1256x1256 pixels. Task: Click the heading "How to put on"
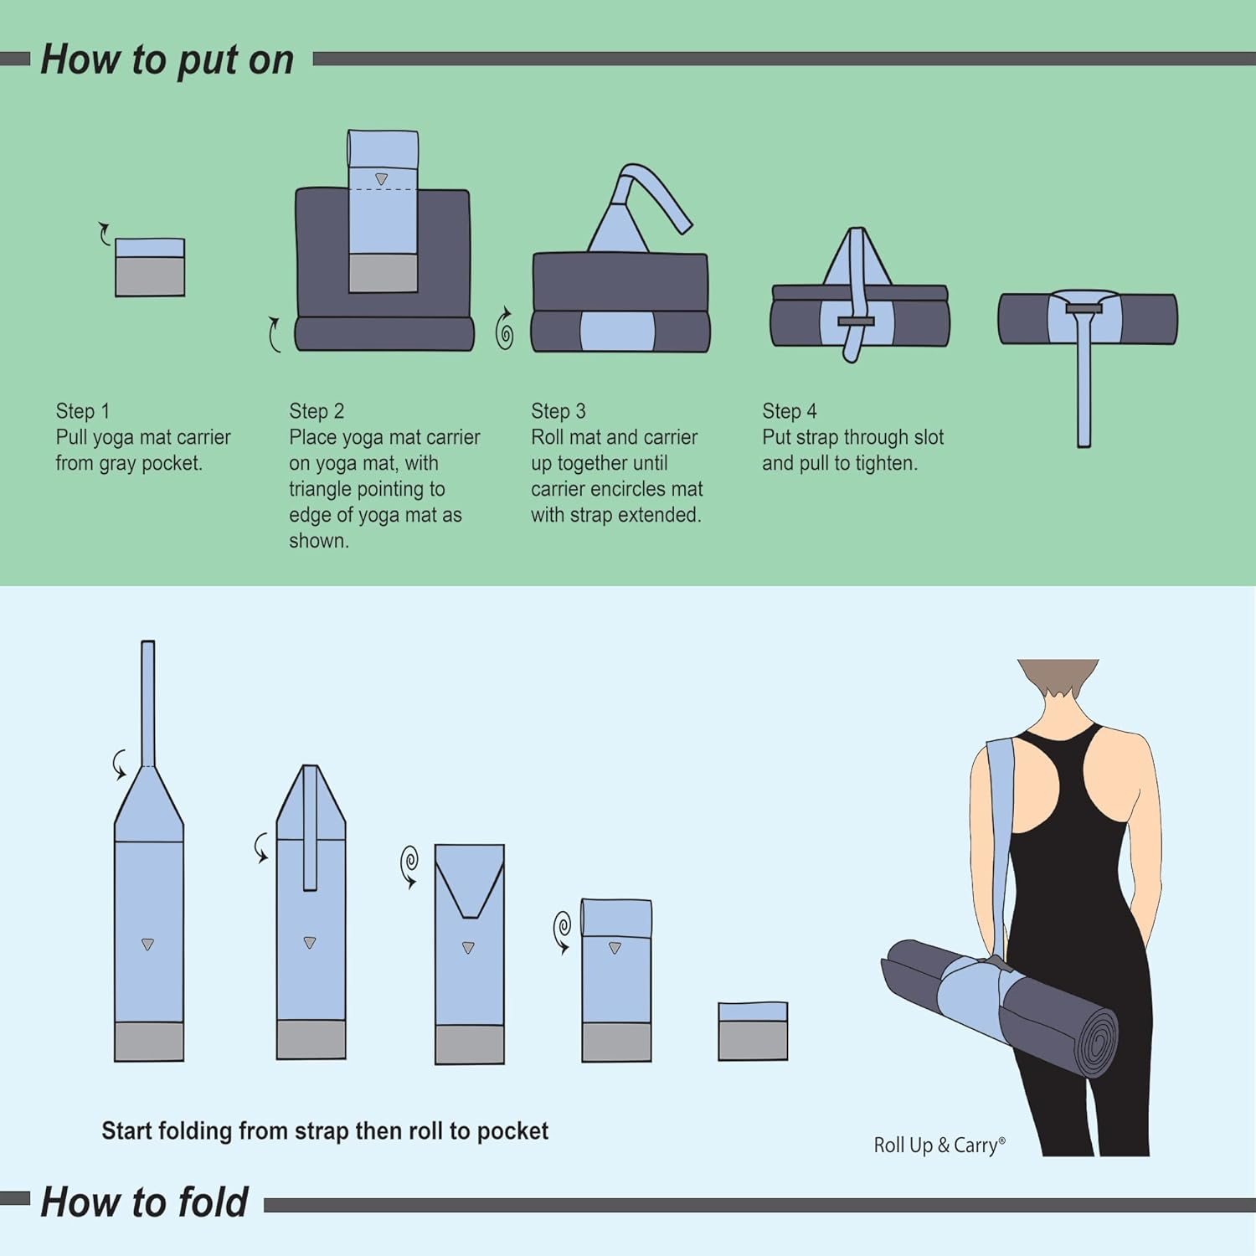pyautogui.click(x=167, y=60)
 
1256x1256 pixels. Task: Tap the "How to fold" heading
pyautogui.click(x=145, y=1202)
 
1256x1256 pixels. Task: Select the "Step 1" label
pyautogui.click(x=83, y=411)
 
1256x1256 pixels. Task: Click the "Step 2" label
pyautogui.click(x=317, y=411)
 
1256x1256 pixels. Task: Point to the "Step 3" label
pyautogui.click(x=559, y=411)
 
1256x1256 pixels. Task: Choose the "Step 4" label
pyautogui.click(x=790, y=411)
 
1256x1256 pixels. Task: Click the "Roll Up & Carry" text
pyautogui.click(x=939, y=1145)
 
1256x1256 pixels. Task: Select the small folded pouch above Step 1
pyautogui.click(x=150, y=267)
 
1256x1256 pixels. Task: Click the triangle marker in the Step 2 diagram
pyautogui.click(x=382, y=179)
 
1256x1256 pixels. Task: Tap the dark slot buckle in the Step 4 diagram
pyautogui.click(x=856, y=322)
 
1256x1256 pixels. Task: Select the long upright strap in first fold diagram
pyautogui.click(x=148, y=703)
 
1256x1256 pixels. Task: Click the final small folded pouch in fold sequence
pyautogui.click(x=753, y=1031)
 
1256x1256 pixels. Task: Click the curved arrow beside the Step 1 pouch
pyautogui.click(x=104, y=234)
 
